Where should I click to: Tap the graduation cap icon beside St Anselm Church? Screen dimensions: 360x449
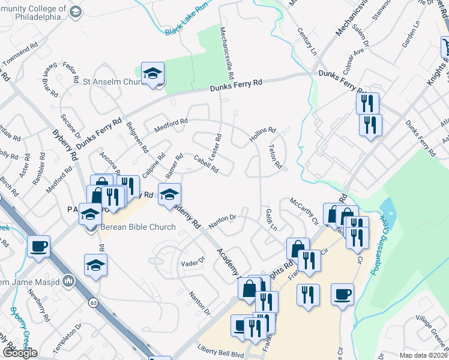pos(152,73)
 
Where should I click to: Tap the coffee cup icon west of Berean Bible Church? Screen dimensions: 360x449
pos(38,246)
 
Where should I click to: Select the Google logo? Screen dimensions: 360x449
pos(19,353)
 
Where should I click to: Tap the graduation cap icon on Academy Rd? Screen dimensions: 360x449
pos(170,193)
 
